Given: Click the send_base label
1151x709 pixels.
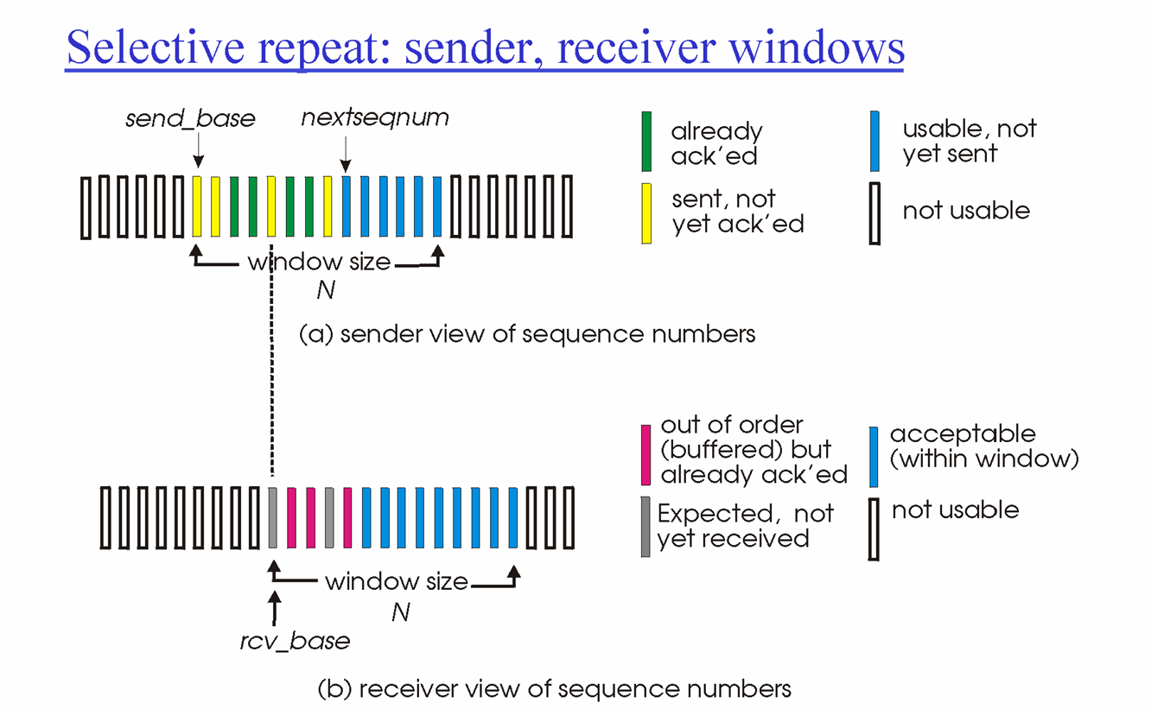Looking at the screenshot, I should pyautogui.click(x=190, y=119).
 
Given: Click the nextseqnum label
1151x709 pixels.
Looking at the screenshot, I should pyautogui.click(x=375, y=117).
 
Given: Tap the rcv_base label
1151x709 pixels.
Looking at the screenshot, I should pyautogui.click(x=295, y=642).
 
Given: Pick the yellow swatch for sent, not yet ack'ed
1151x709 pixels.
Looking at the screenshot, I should pyautogui.click(x=646, y=212).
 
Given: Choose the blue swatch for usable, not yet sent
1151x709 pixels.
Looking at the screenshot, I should pyautogui.click(x=875, y=141).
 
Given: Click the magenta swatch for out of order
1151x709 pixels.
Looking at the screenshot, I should pyautogui.click(x=645, y=454).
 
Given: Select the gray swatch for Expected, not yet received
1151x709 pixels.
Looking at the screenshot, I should pyautogui.click(x=645, y=526).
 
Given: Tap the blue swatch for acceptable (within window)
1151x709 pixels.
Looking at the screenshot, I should pyautogui.click(x=874, y=456).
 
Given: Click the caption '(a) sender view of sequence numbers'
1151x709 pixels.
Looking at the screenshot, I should pyautogui.click(x=526, y=334).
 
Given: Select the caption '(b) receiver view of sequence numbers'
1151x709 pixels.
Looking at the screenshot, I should pyautogui.click(x=554, y=689).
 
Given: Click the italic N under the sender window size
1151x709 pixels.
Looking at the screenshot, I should pyautogui.click(x=325, y=291).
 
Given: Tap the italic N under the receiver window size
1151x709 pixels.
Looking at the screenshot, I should pyautogui.click(x=400, y=612).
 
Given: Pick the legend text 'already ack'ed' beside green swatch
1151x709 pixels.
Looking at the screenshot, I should pyautogui.click(x=716, y=143).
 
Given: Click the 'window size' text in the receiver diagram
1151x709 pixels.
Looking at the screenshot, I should pyautogui.click(x=396, y=582).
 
